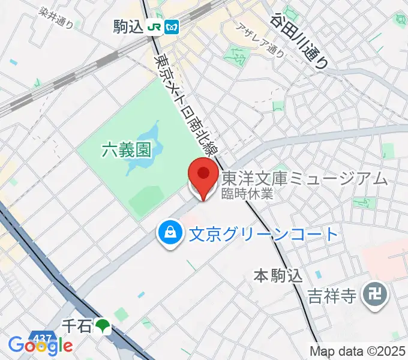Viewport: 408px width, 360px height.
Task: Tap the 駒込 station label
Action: (128, 26)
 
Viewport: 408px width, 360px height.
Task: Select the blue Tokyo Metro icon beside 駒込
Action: (172, 27)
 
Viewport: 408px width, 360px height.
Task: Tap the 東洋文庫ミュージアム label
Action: (305, 179)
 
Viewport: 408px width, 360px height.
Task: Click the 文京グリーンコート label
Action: (264, 233)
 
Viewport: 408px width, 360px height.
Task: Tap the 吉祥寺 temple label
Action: (332, 295)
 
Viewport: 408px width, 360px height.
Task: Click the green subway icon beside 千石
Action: (103, 326)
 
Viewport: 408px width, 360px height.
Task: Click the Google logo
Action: (40, 345)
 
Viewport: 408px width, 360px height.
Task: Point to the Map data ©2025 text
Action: (358, 351)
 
